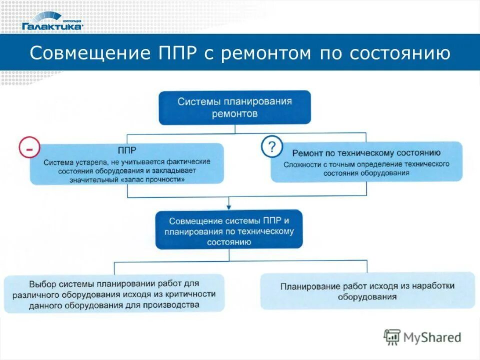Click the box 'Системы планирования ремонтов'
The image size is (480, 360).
(x=234, y=107)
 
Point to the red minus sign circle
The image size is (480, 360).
(x=29, y=148)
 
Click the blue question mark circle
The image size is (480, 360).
(x=271, y=147)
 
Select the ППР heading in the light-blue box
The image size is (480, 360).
(x=127, y=150)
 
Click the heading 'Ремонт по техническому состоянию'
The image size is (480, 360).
(x=366, y=153)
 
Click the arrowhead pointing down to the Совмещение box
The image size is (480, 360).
(x=229, y=206)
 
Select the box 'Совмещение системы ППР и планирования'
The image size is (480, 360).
(x=229, y=230)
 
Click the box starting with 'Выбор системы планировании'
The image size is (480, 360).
(x=114, y=293)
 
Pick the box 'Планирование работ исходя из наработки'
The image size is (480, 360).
(x=367, y=291)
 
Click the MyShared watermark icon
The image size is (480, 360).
(x=392, y=337)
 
